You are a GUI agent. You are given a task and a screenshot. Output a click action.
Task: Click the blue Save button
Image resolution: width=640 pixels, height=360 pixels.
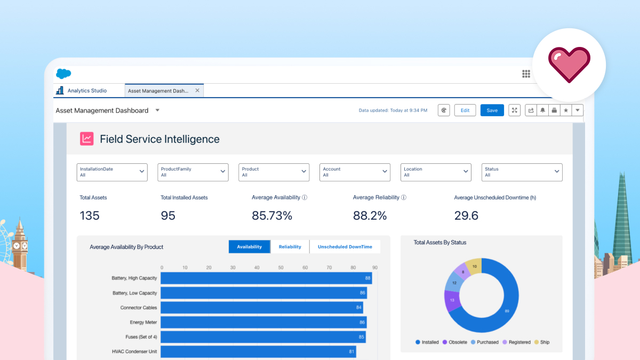[x=492, y=110]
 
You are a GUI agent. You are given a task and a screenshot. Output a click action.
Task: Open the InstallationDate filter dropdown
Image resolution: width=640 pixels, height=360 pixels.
[x=112, y=172]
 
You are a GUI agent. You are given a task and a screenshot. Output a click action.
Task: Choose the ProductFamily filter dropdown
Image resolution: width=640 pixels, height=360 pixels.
[x=193, y=172]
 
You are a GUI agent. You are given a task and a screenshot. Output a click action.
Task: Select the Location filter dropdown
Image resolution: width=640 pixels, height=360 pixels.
[x=436, y=172]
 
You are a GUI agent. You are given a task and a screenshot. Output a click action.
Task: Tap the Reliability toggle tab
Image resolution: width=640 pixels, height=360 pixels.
[x=290, y=247]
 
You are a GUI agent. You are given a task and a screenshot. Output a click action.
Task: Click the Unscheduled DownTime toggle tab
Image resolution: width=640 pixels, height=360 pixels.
[x=345, y=247]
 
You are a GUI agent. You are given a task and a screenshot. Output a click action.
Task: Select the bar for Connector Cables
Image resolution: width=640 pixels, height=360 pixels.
[x=261, y=308]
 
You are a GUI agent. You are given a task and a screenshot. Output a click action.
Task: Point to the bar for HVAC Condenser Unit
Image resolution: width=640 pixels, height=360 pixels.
[x=258, y=352]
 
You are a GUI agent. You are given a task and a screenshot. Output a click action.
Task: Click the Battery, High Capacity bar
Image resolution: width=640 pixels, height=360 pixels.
[x=266, y=278]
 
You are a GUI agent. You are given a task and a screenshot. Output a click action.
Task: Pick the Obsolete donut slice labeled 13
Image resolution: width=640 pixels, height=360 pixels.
[x=452, y=300]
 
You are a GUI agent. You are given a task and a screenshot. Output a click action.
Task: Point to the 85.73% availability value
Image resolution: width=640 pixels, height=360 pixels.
[x=272, y=216]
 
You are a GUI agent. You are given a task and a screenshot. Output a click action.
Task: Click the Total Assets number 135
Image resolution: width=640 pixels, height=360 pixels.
[x=90, y=216]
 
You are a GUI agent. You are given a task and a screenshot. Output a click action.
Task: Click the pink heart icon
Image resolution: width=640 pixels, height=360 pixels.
[x=569, y=65]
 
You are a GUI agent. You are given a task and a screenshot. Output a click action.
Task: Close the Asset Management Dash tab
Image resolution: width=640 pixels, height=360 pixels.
[x=197, y=91]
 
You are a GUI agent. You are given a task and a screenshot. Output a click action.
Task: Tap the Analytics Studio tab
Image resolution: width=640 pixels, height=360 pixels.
[x=87, y=91]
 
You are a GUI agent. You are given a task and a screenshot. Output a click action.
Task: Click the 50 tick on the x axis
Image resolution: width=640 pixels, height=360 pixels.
[x=281, y=268]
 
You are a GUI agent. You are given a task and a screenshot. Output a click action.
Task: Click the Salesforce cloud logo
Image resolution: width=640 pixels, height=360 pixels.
[x=63, y=74]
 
